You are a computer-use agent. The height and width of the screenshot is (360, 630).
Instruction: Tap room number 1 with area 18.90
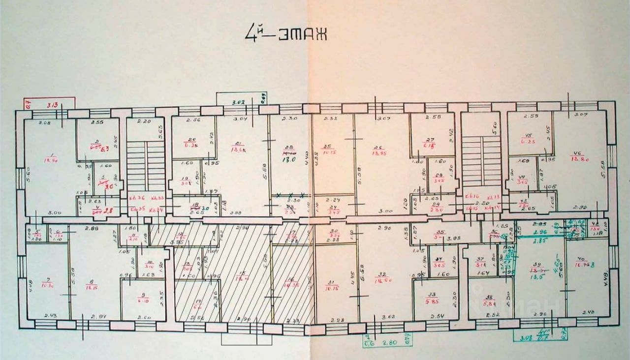coord(50,156)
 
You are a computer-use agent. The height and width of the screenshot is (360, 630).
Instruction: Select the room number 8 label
coord(92,284)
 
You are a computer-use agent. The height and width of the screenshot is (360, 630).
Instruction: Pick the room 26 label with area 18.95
coord(378,150)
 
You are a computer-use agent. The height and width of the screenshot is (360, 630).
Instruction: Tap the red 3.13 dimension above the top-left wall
coord(52,104)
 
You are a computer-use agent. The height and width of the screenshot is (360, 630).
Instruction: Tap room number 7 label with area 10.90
coord(48,283)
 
